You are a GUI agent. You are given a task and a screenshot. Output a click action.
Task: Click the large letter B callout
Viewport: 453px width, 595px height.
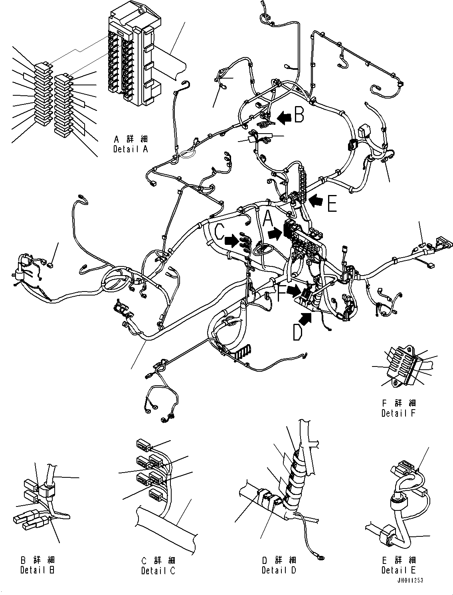pos(299,115)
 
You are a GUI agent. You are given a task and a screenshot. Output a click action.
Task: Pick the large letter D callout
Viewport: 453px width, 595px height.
pos(297,332)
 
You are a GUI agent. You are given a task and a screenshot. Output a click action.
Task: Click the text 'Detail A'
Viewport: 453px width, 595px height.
pos(131,149)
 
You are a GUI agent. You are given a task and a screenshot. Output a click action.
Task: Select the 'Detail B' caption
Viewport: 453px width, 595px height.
pos(38,570)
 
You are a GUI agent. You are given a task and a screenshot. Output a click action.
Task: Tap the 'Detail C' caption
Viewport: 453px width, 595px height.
pos(158,571)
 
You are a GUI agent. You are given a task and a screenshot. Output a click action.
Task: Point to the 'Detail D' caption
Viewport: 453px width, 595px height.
pos(279,570)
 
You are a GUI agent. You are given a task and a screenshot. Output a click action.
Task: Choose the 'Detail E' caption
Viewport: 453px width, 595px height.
pos(399,570)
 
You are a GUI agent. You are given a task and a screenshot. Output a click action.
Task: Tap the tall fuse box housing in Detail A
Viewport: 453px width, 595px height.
pos(136,60)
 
